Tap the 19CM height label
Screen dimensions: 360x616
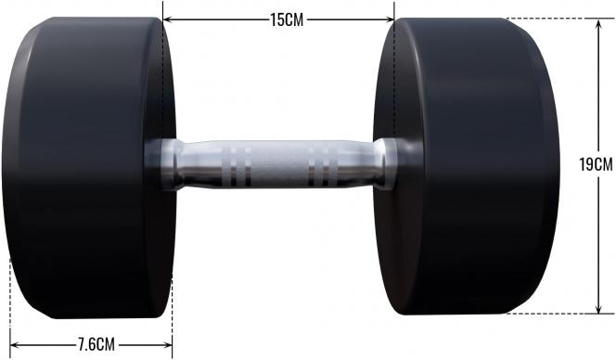pos(596,165)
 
